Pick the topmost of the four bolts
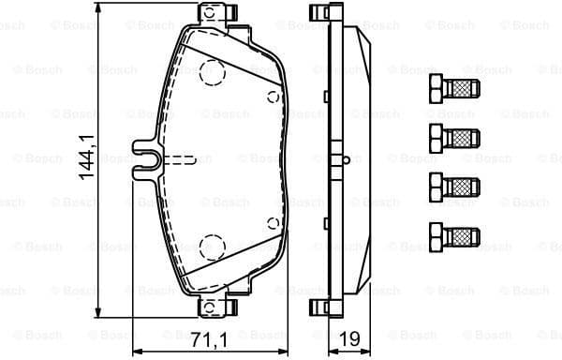coord(451,92)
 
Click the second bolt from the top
coord(451,137)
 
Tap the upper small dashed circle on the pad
coord(273,97)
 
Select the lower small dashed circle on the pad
coord(273,223)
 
